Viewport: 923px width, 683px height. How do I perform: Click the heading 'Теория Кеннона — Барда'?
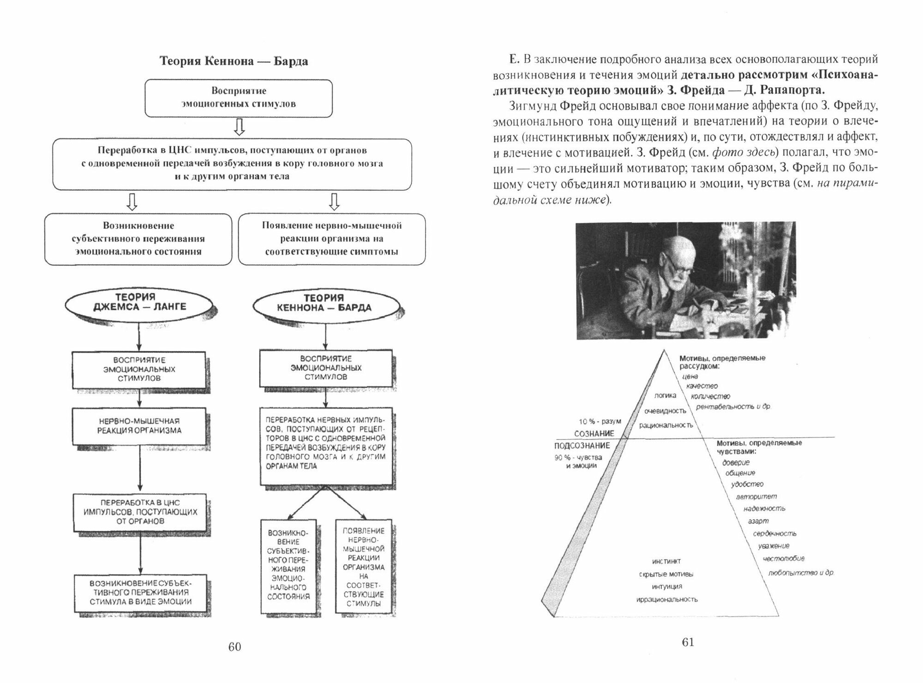(234, 61)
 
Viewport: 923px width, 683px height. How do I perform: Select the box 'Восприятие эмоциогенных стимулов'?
(239, 98)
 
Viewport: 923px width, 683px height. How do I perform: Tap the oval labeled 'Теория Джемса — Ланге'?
(139, 302)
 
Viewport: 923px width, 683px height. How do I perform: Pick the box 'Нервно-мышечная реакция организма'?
(139, 426)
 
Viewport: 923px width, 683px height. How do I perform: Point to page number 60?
(234, 647)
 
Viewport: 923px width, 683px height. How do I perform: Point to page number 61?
(688, 642)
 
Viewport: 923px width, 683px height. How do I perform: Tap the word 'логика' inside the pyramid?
(665, 395)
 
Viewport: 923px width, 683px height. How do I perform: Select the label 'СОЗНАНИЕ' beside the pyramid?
(594, 434)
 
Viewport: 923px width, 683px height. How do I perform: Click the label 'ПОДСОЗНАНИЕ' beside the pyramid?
(582, 445)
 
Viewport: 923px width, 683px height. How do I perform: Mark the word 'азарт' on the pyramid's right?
(758, 521)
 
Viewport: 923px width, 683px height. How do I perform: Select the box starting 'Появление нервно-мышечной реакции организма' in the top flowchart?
(332, 238)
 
